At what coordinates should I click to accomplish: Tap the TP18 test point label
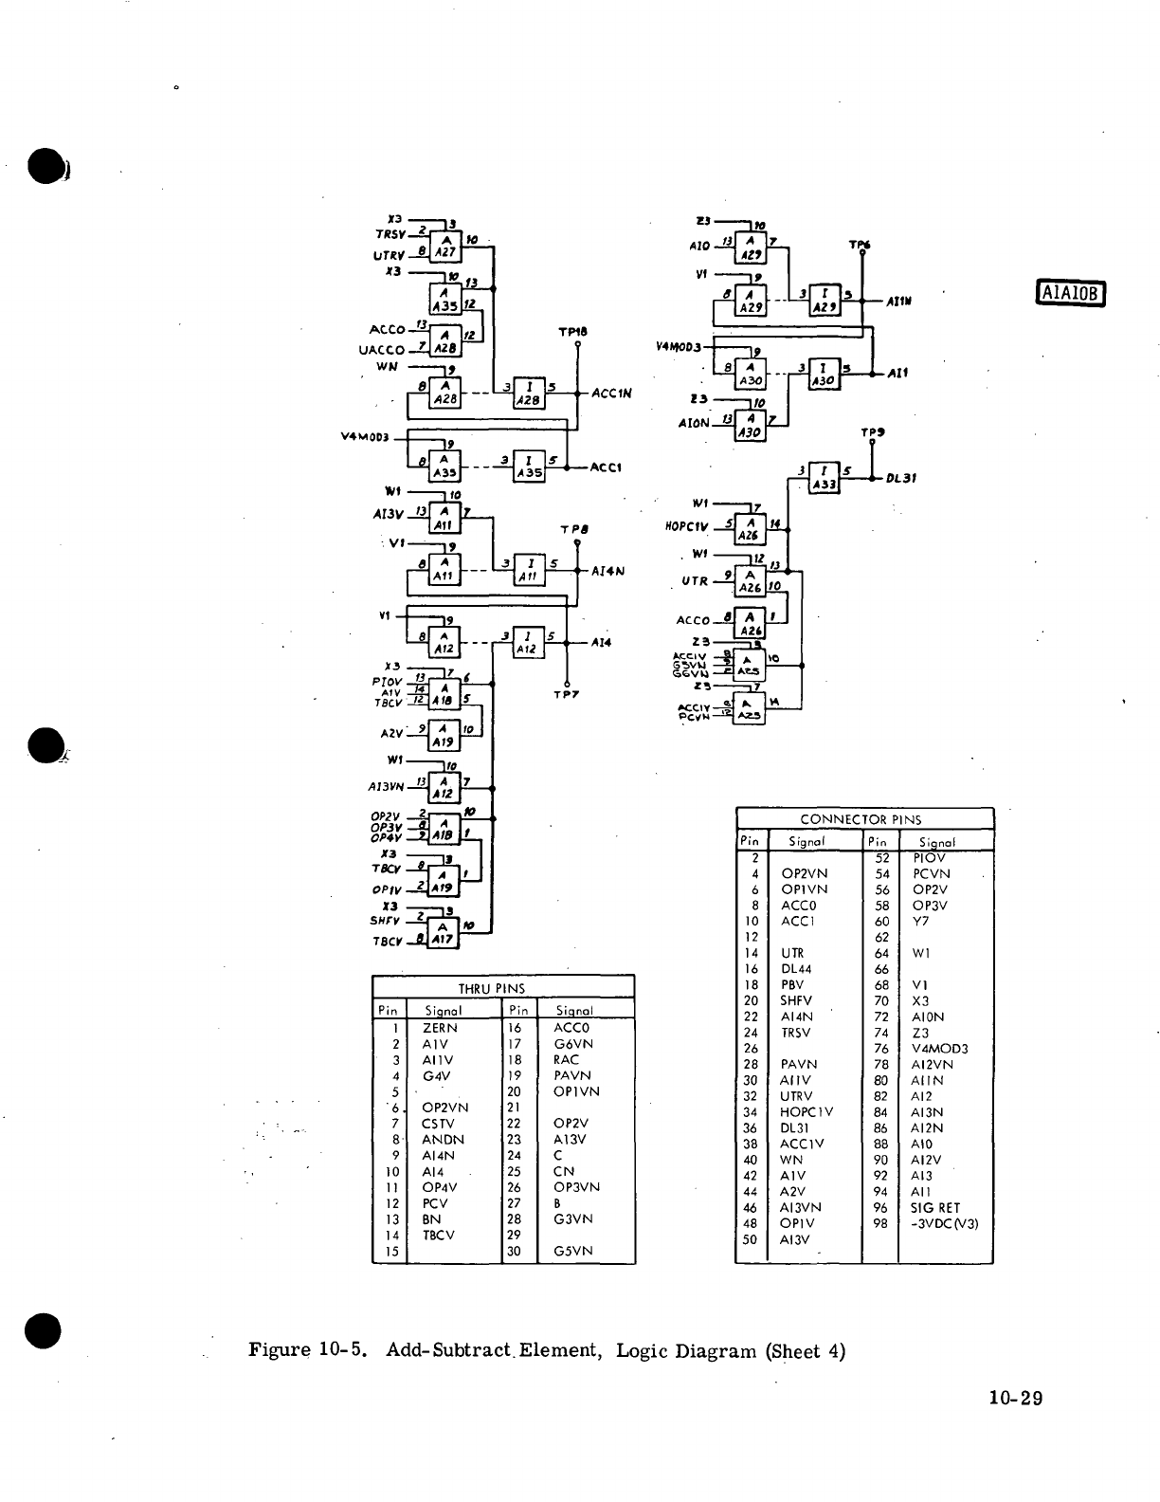tap(572, 332)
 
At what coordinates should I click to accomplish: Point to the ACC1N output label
tap(610, 393)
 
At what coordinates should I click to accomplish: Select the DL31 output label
tap(901, 478)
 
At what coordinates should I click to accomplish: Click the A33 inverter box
tap(824, 478)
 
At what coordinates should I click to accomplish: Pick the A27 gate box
tap(445, 246)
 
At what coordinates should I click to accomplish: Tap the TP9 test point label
tap(872, 432)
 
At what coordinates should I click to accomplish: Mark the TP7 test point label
tap(566, 694)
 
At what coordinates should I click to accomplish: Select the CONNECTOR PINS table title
tap(861, 819)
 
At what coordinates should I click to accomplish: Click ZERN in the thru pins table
tap(440, 1028)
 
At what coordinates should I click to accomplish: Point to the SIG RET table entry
tap(935, 1207)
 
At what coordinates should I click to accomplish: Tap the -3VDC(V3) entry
tap(945, 1223)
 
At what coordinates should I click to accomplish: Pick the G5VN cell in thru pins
tap(573, 1251)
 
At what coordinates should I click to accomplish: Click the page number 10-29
tap(1014, 1398)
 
